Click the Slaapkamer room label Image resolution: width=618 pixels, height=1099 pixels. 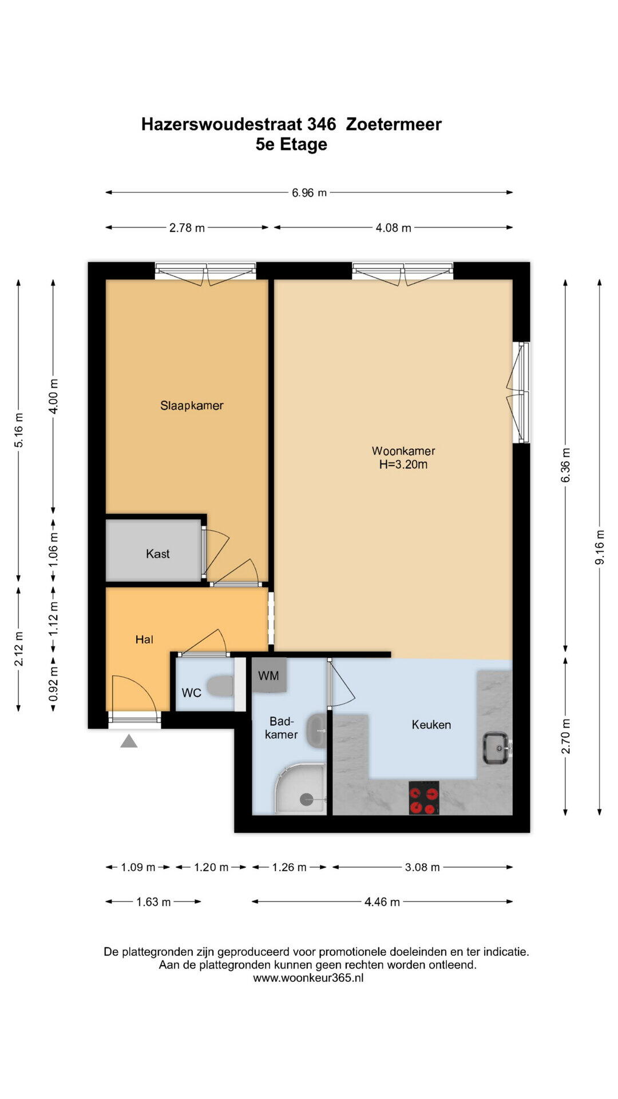(x=192, y=405)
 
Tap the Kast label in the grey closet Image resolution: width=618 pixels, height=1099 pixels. (x=158, y=554)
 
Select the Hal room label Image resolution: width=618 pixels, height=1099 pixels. (x=144, y=639)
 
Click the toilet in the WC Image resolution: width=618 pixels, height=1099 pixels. (x=220, y=686)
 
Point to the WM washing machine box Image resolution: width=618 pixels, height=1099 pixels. (x=268, y=675)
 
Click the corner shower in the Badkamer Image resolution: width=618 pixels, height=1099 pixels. (x=300, y=788)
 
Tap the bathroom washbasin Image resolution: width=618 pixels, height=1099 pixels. (x=316, y=731)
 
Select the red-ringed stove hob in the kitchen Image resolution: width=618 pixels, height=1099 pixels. (x=424, y=797)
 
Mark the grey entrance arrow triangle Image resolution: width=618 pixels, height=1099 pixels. (x=129, y=741)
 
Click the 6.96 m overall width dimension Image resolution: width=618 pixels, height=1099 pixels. (x=309, y=193)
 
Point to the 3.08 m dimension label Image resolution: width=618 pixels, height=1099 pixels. (x=422, y=867)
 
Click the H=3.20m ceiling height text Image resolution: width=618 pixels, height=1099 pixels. (x=403, y=464)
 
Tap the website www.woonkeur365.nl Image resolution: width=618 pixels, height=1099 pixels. (x=308, y=978)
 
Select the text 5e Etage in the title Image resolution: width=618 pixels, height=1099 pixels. (x=291, y=144)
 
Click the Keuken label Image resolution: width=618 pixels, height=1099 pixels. (x=431, y=725)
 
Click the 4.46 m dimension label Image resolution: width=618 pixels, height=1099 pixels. (x=382, y=902)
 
